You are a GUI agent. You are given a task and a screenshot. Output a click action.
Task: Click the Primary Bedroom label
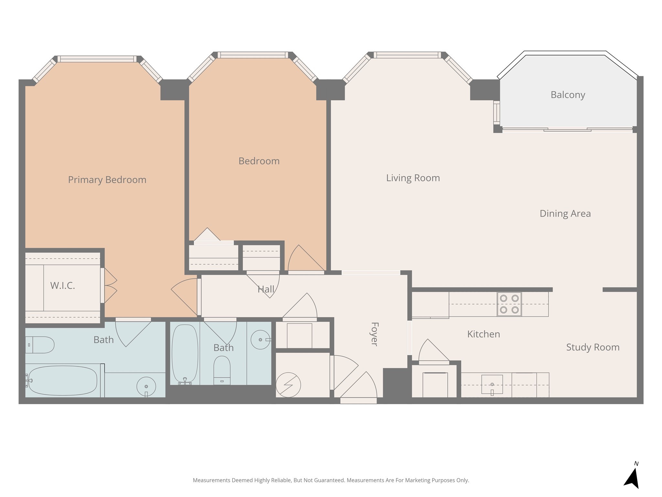click(x=107, y=180)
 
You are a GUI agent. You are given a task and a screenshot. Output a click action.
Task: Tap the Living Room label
click(x=413, y=178)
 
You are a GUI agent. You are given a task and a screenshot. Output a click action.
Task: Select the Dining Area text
click(x=565, y=214)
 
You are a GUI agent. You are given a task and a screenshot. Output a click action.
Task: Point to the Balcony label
click(x=568, y=95)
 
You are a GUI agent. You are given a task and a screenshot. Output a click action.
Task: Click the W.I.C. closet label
click(x=63, y=286)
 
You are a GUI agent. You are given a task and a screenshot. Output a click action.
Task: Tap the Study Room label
click(x=593, y=347)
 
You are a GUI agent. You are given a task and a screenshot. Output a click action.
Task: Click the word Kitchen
click(x=484, y=334)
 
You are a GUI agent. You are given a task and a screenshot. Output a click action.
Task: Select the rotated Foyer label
click(x=374, y=334)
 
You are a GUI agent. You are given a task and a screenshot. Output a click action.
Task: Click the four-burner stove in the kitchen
click(x=509, y=304)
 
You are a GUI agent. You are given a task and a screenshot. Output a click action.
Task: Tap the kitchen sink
click(x=492, y=384)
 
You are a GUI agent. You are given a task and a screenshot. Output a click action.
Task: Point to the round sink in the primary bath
click(x=146, y=386)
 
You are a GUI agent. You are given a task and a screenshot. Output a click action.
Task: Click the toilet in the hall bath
click(x=222, y=370)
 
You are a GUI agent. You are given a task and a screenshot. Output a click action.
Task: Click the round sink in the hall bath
click(x=261, y=340)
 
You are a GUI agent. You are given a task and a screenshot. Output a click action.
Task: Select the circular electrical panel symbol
click(x=288, y=385)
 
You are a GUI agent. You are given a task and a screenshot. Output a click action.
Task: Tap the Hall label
click(x=266, y=289)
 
